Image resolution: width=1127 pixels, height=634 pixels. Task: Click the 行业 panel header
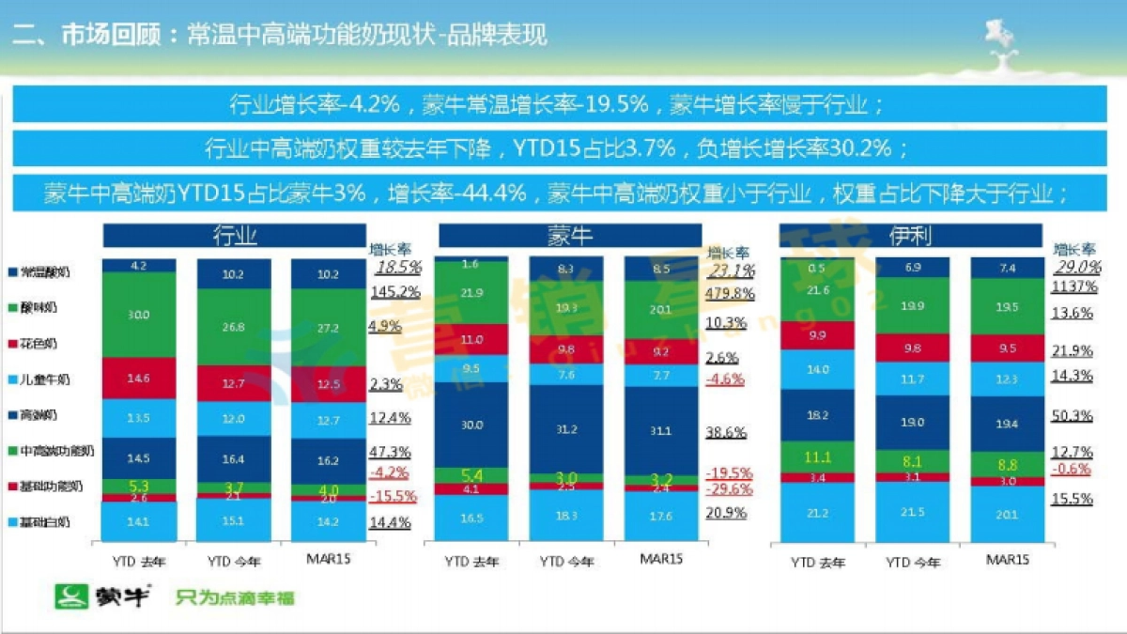point(234,235)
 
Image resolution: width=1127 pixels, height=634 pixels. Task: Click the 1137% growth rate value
point(1073,286)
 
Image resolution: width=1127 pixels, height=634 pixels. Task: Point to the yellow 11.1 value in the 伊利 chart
point(818,456)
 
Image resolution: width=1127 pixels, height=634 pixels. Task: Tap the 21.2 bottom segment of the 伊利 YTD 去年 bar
point(818,513)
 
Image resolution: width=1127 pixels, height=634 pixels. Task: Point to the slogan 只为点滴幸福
point(235,597)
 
